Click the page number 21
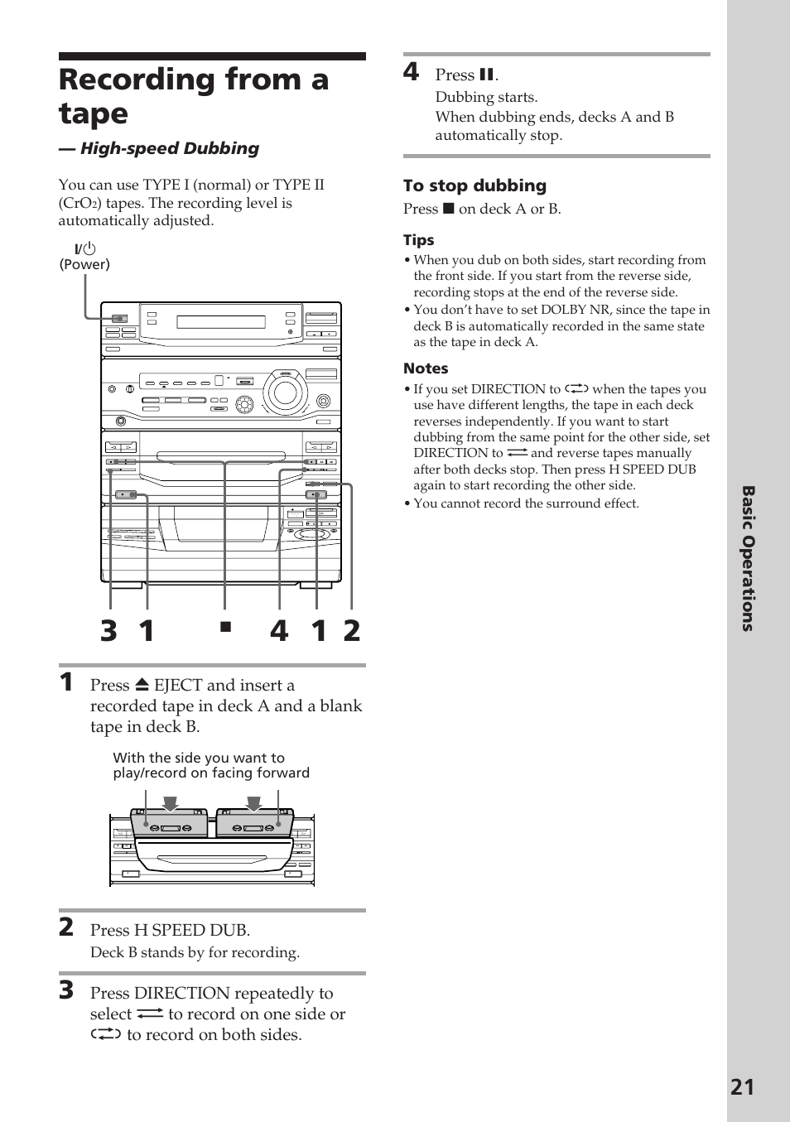742,1086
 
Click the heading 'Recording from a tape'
194,96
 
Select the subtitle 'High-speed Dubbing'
170,148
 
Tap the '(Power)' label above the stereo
84,264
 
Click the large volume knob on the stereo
284,392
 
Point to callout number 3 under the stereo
108,631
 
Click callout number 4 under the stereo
279,631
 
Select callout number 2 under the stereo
352,631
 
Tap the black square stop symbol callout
224,627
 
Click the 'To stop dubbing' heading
474,185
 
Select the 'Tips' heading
418,240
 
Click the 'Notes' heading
426,368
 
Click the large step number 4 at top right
412,72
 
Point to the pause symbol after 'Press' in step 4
486,75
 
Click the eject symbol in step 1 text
142,686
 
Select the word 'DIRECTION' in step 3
176,993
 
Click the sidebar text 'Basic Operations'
747,559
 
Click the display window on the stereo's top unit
221,322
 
